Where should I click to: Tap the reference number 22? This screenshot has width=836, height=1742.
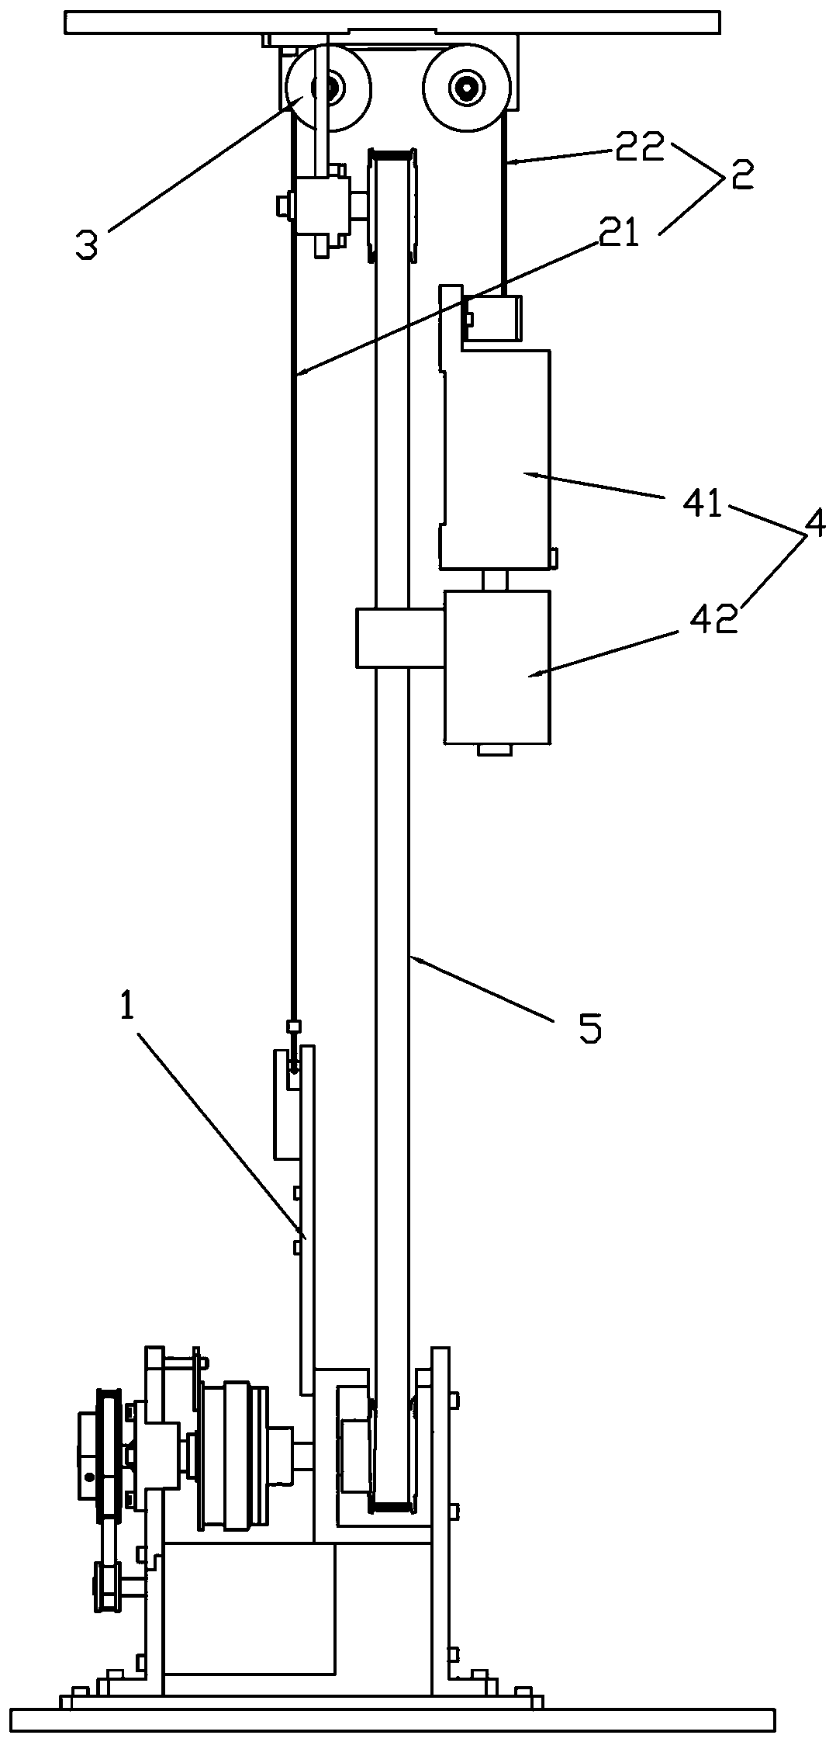coord(641,147)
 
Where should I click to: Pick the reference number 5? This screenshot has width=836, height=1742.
coord(589,1028)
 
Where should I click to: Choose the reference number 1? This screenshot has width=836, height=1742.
coord(127,1006)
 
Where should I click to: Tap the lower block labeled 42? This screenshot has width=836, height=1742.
coord(497,667)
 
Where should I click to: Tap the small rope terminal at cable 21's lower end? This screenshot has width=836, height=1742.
coord(294,1027)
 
